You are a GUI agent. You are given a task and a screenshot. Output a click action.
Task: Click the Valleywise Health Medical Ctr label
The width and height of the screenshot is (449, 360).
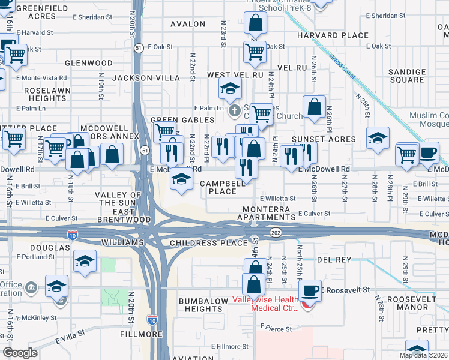pos(274,304)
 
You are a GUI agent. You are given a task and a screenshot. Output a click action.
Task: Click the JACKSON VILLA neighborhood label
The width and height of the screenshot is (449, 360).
pos(146,78)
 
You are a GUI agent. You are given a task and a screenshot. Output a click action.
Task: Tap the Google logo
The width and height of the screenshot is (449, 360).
pos(20,353)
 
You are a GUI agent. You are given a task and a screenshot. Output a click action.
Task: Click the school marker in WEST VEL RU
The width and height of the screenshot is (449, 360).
pos(230,89)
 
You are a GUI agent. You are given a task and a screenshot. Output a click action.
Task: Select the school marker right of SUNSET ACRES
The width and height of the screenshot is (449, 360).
pos(378,139)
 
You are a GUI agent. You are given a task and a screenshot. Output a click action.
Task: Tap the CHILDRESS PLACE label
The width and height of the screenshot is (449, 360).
pos(208,243)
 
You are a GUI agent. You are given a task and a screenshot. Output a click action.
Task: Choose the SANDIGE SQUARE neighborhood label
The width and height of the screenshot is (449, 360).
pos(406,76)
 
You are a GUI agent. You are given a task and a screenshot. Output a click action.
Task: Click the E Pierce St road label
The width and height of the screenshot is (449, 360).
pos(276,329)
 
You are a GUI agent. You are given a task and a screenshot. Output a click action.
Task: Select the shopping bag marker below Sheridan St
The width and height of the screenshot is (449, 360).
pos(255,25)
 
